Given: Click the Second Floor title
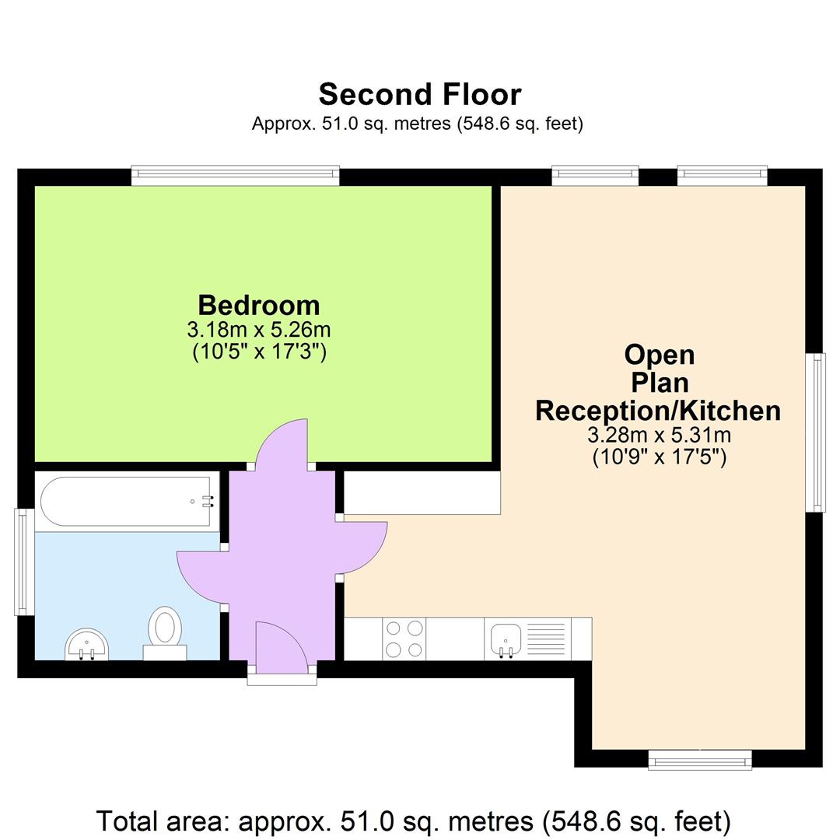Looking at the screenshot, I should [419, 94].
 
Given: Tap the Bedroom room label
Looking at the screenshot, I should [258, 305].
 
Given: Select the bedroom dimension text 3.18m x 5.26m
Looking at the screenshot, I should [258, 329].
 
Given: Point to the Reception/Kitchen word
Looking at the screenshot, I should [658, 410].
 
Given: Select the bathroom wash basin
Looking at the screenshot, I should [87, 645].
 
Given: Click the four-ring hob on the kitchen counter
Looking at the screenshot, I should [404, 639].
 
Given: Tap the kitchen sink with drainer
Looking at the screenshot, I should [527, 639].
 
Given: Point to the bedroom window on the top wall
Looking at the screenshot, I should [236, 176].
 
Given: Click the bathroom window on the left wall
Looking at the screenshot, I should [25, 562].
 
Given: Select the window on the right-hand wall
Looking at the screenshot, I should [815, 432].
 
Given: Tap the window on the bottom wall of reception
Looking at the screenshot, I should [700, 759].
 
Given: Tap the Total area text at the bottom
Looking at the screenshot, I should [413, 821].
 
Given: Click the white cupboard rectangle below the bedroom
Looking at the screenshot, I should [422, 493].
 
